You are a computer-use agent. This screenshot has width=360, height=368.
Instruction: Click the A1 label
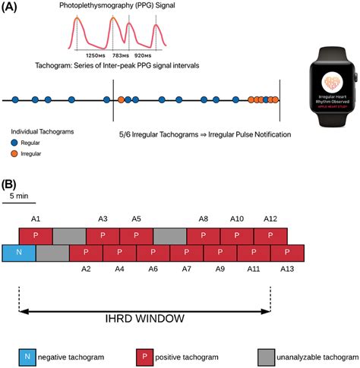[36, 219]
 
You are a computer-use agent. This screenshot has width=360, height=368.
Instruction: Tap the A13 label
[286, 269]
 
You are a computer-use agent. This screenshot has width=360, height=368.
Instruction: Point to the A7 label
[187, 269]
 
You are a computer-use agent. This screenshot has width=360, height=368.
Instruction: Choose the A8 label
[204, 219]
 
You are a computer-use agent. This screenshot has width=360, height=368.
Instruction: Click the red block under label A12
[270, 235]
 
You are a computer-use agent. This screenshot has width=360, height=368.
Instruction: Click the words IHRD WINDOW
[145, 319]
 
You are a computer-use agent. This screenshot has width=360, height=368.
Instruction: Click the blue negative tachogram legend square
[27, 355]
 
